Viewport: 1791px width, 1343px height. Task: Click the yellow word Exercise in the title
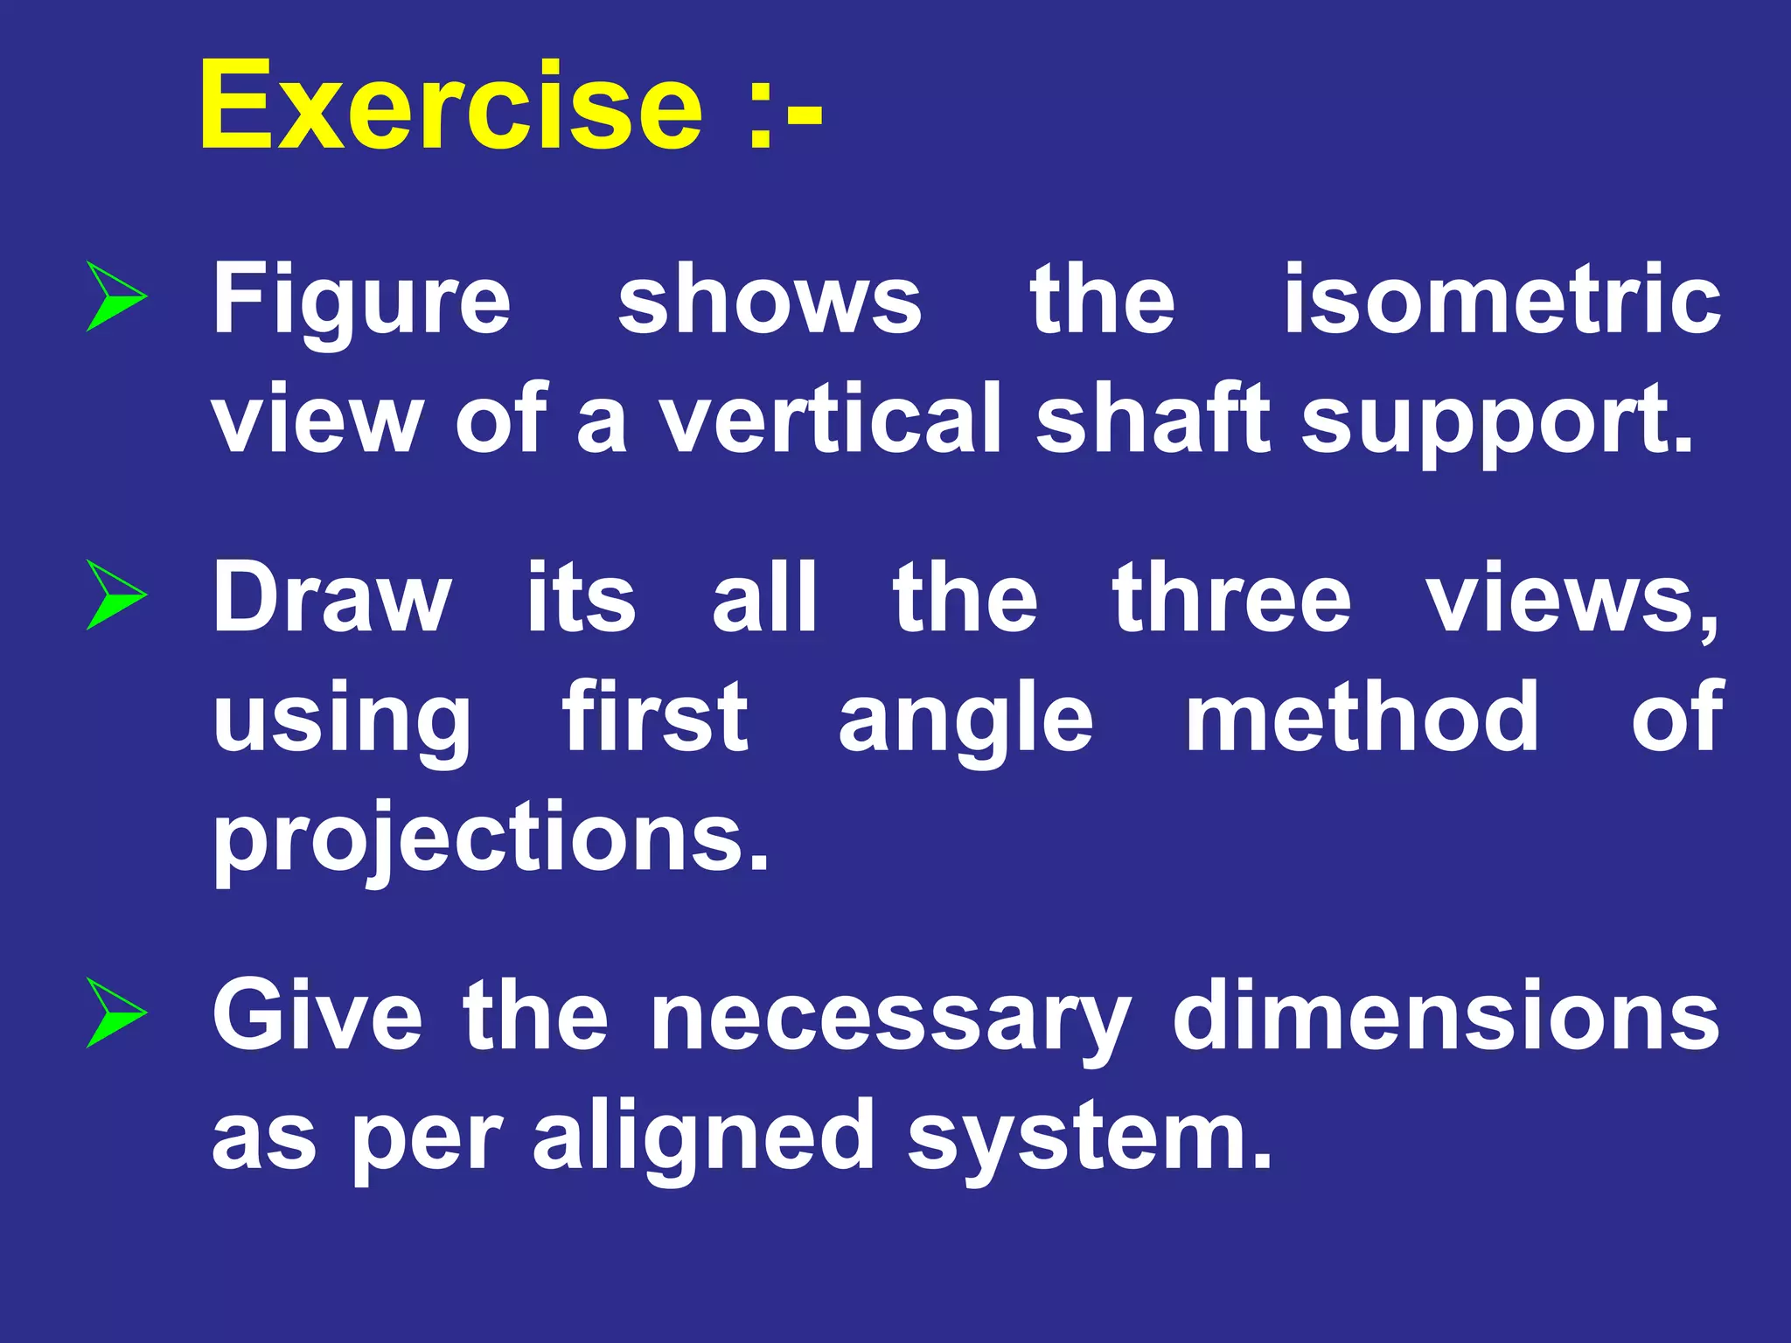point(450,106)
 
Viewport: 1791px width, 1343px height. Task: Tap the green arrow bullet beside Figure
point(115,296)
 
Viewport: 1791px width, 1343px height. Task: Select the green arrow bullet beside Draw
point(115,595)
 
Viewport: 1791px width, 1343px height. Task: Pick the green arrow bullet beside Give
point(115,1014)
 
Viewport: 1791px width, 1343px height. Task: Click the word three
point(1231,598)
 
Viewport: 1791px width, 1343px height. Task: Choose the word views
point(1571,600)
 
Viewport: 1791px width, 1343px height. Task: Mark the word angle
point(965,720)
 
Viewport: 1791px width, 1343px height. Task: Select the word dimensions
point(1446,1016)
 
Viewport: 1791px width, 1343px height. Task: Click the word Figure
point(362,302)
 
